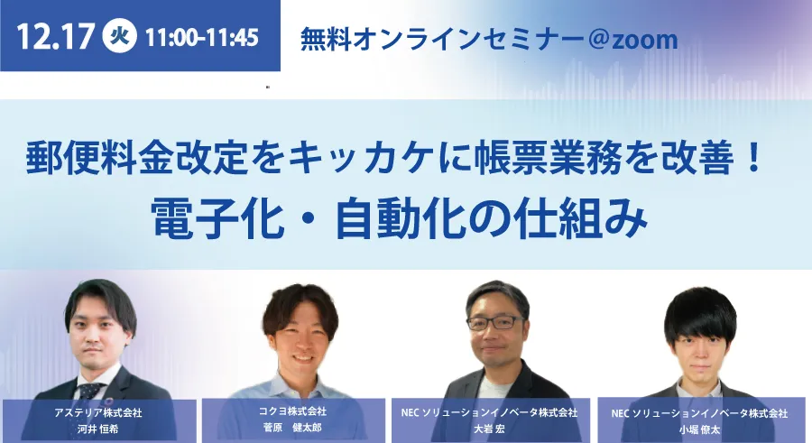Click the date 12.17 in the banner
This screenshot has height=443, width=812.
[55, 37]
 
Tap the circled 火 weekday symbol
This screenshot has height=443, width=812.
[120, 36]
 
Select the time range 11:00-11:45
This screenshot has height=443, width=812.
[202, 37]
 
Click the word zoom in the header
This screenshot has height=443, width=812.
[645, 40]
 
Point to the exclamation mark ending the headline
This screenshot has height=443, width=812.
[753, 158]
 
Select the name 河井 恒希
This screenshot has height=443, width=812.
[97, 429]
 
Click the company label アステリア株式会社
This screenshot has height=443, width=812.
[97, 413]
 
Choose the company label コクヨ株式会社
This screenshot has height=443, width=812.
[292, 411]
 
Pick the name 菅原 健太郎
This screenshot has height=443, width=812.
[292, 428]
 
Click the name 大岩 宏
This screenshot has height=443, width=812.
[489, 429]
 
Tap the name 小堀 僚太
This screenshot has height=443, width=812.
[699, 429]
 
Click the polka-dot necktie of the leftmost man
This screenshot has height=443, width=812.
[90, 392]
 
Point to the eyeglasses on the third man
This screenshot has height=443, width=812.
[495, 322]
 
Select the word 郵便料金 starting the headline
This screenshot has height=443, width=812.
[99, 158]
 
